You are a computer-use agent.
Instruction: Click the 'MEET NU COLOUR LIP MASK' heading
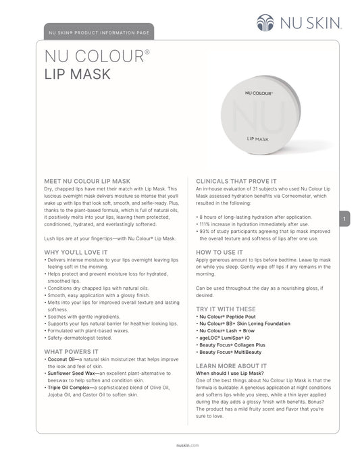tap(86, 182)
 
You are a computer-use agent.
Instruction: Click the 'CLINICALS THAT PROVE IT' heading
tap(236, 182)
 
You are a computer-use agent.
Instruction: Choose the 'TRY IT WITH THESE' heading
tap(225, 308)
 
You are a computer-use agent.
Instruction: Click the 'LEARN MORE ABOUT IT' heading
tap(228, 364)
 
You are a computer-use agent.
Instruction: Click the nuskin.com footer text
tap(179, 446)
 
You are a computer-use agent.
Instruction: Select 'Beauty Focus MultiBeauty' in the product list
tap(230, 353)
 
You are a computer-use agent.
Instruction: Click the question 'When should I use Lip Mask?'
tap(228, 373)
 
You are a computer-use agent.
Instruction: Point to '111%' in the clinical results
tap(204, 224)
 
